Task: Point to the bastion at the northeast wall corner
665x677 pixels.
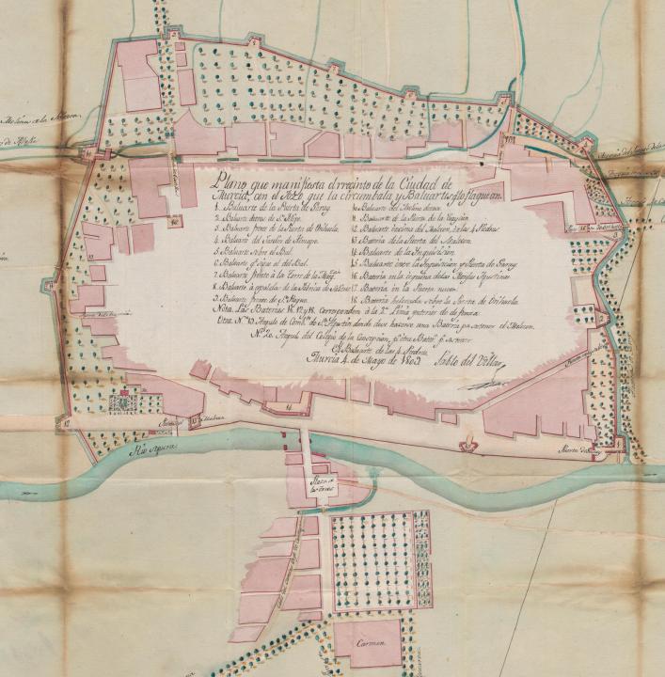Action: [x=586, y=141]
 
